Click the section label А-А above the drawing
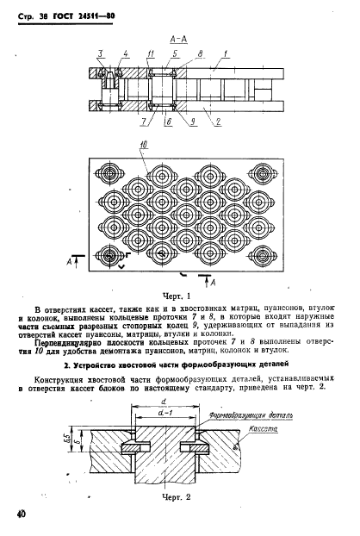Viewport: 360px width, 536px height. click(181, 39)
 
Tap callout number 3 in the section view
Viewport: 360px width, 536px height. click(101, 53)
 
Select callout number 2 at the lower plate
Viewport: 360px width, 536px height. click(220, 122)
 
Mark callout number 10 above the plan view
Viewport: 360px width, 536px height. click(144, 143)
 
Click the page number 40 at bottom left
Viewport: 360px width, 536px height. click(21, 516)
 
